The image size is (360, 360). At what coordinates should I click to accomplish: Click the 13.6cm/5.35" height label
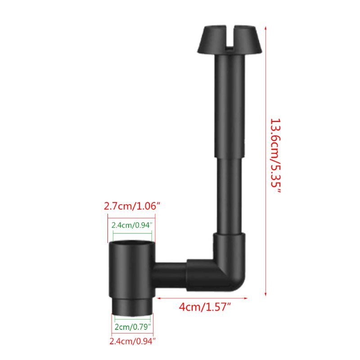pos(275,155)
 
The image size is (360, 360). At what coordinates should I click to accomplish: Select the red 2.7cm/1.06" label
pos(132,207)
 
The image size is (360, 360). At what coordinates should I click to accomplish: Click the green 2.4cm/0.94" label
pos(132,225)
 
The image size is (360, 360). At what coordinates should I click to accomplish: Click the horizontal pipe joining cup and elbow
pos(170,272)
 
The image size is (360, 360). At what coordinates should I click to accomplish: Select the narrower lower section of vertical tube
pos(231,193)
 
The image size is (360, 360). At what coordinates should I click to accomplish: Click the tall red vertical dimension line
pos(266,157)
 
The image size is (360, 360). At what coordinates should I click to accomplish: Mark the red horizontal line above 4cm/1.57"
pos(202,297)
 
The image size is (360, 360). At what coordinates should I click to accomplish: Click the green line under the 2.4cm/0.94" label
pos(133,233)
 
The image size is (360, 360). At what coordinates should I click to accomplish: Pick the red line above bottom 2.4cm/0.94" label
pos(131,334)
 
